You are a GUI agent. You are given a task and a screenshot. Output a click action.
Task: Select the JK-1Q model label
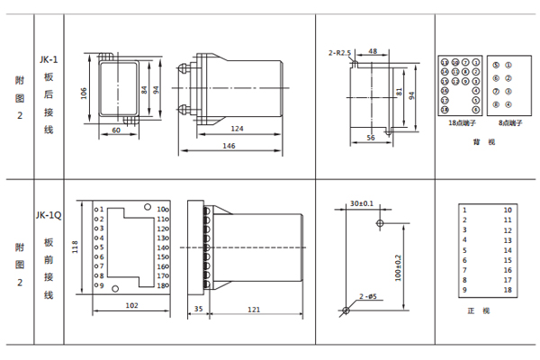(x=49, y=215)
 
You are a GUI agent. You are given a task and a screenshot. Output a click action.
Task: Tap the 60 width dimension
(x=116, y=131)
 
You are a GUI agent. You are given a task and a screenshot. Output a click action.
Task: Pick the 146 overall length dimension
(x=229, y=146)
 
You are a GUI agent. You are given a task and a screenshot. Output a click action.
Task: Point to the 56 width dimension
(x=371, y=138)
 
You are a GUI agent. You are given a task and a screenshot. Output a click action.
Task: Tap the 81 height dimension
(x=400, y=93)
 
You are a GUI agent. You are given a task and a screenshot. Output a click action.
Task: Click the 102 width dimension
(x=131, y=305)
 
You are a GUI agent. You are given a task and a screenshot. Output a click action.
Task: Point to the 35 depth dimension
(x=197, y=310)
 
